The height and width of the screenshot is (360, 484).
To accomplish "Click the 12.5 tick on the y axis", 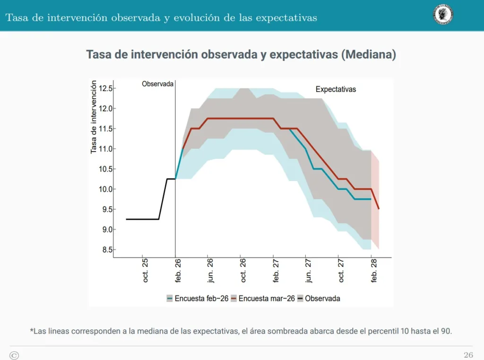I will pyautogui.click(x=106, y=88).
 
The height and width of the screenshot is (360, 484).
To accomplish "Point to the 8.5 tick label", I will pyautogui.click(x=106, y=250).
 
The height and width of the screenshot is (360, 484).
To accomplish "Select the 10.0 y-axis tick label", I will pyautogui.click(x=106, y=189).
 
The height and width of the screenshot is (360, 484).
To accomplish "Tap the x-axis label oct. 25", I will pyautogui.click(x=145, y=270).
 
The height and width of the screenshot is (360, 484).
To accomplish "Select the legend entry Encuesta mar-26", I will pyautogui.click(x=265, y=299).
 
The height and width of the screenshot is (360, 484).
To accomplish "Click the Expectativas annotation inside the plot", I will pyautogui.click(x=336, y=89).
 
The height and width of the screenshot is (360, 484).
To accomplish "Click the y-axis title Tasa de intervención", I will pyautogui.click(x=94, y=117).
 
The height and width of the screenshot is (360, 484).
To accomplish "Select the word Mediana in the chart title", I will pyautogui.click(x=370, y=54).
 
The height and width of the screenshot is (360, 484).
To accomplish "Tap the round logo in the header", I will pyautogui.click(x=443, y=15).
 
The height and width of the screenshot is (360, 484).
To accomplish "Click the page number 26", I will pyautogui.click(x=468, y=355).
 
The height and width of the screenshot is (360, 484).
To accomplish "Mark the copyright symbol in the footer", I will pyautogui.click(x=14, y=355).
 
